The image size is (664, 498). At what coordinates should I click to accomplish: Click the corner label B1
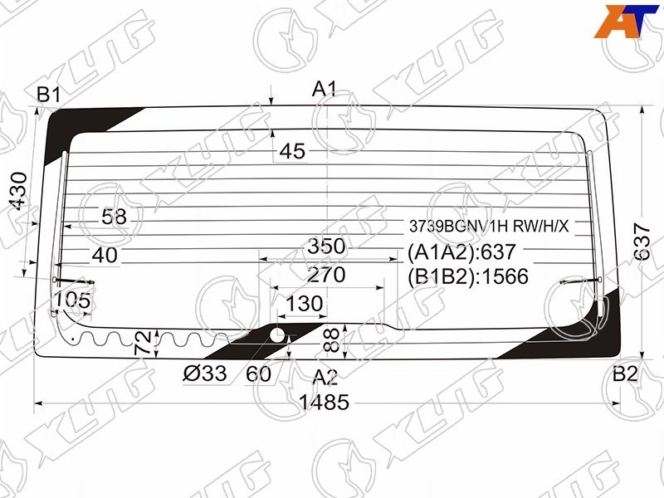[x=49, y=95]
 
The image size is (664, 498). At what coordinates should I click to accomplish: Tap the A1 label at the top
[x=325, y=89]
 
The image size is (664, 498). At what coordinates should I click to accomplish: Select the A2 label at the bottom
[x=325, y=377]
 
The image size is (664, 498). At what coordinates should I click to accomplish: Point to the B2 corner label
[x=625, y=374]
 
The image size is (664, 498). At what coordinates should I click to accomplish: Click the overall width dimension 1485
[x=325, y=402]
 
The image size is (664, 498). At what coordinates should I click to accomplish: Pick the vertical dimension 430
[x=19, y=191]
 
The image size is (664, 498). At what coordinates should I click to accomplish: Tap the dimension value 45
[x=292, y=151]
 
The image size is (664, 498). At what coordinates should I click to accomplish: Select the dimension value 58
[x=114, y=217]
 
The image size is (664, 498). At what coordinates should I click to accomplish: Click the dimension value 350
[x=326, y=247]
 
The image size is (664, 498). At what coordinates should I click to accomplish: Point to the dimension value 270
[x=326, y=275]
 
